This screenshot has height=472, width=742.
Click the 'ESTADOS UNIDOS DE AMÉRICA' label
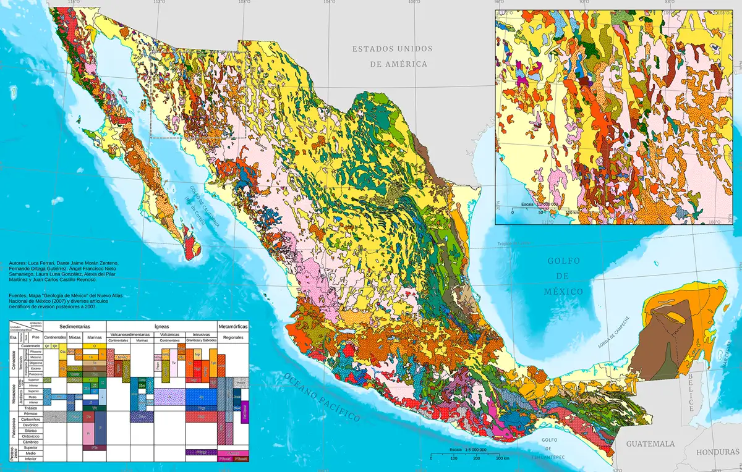coord(392,56)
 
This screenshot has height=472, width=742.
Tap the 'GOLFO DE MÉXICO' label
coord(563,276)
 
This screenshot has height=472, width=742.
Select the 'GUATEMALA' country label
coord(650,444)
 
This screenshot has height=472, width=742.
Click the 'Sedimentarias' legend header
coord(75,326)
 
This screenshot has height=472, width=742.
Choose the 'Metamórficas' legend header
coord(233,326)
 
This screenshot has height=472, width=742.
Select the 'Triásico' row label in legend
coord(32,408)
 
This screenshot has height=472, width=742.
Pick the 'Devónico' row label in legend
coord(32,425)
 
